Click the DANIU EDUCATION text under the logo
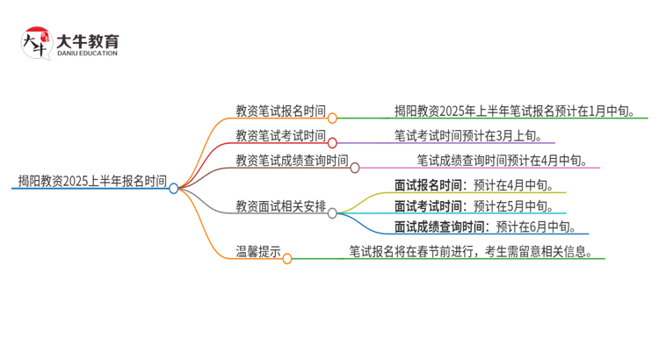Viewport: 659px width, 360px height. point(86,54)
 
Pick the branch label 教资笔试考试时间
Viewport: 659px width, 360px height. point(280,136)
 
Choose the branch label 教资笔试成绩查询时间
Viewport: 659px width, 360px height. point(292,161)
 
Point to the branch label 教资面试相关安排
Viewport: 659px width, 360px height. point(280,207)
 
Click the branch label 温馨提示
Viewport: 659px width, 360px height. point(258,252)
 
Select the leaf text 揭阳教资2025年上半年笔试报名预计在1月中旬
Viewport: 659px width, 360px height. point(521,112)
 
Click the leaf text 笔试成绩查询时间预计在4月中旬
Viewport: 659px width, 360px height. point(508,161)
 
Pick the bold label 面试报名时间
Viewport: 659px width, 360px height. point(430,185)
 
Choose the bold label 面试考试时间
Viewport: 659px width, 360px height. point(430,206)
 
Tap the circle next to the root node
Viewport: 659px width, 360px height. point(174,188)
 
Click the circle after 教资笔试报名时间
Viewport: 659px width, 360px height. point(333,118)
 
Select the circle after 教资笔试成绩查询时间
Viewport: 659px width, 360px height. point(355,167)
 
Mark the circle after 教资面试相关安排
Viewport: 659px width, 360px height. point(333,212)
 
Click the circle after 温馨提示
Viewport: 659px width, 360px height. point(287,258)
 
